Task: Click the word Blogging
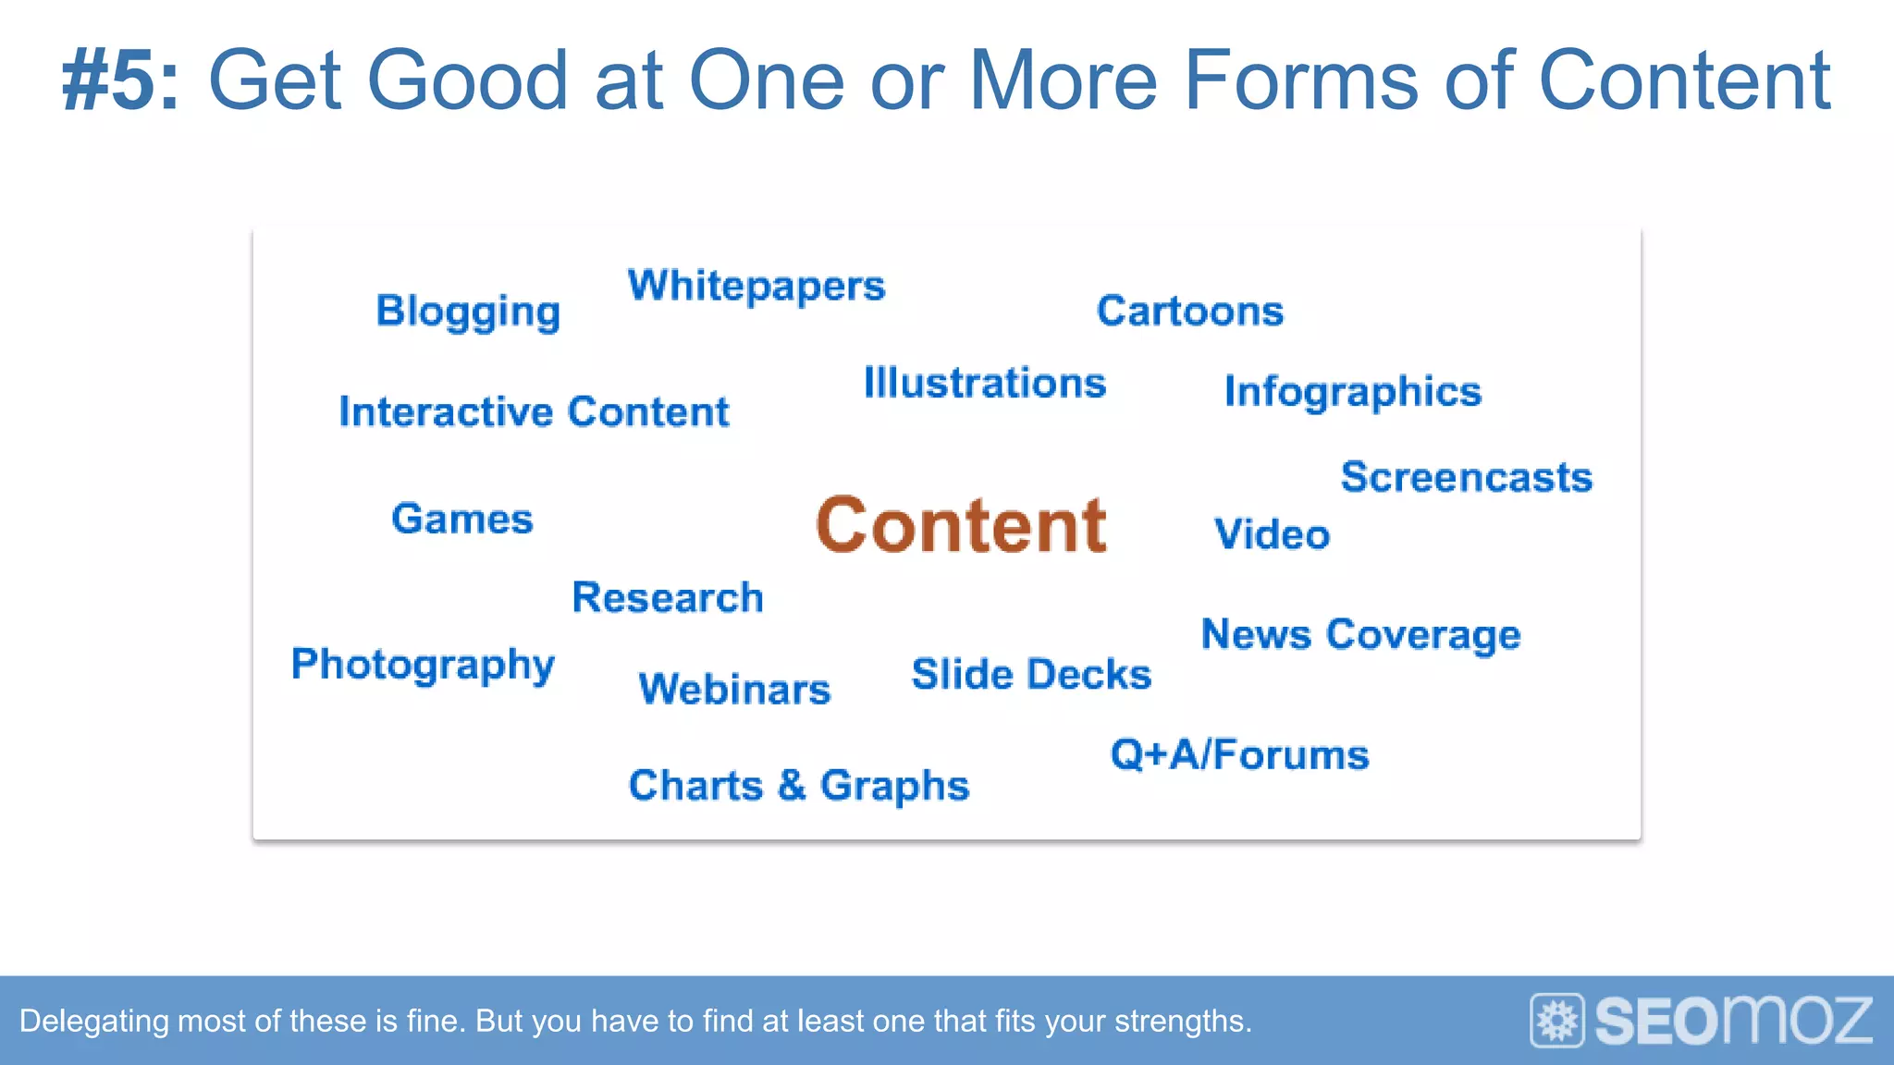coord(468,312)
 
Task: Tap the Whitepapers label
coord(756,286)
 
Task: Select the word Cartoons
coord(1190,311)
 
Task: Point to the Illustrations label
coord(984,383)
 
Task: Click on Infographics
coord(1352,392)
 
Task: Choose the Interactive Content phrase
coord(534,411)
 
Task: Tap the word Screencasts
coord(1466,478)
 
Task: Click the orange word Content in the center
coord(961,525)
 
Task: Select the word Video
coord(1272,534)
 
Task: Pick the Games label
coord(461,519)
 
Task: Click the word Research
coord(668,597)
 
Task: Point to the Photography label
coord(423,665)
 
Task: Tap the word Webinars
coord(734,690)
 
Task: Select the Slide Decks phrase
coord(1031,674)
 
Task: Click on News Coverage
coord(1360,635)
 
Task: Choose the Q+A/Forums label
coord(1239,754)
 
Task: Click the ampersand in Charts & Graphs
coord(792,785)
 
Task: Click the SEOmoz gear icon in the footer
coord(1557,1021)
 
